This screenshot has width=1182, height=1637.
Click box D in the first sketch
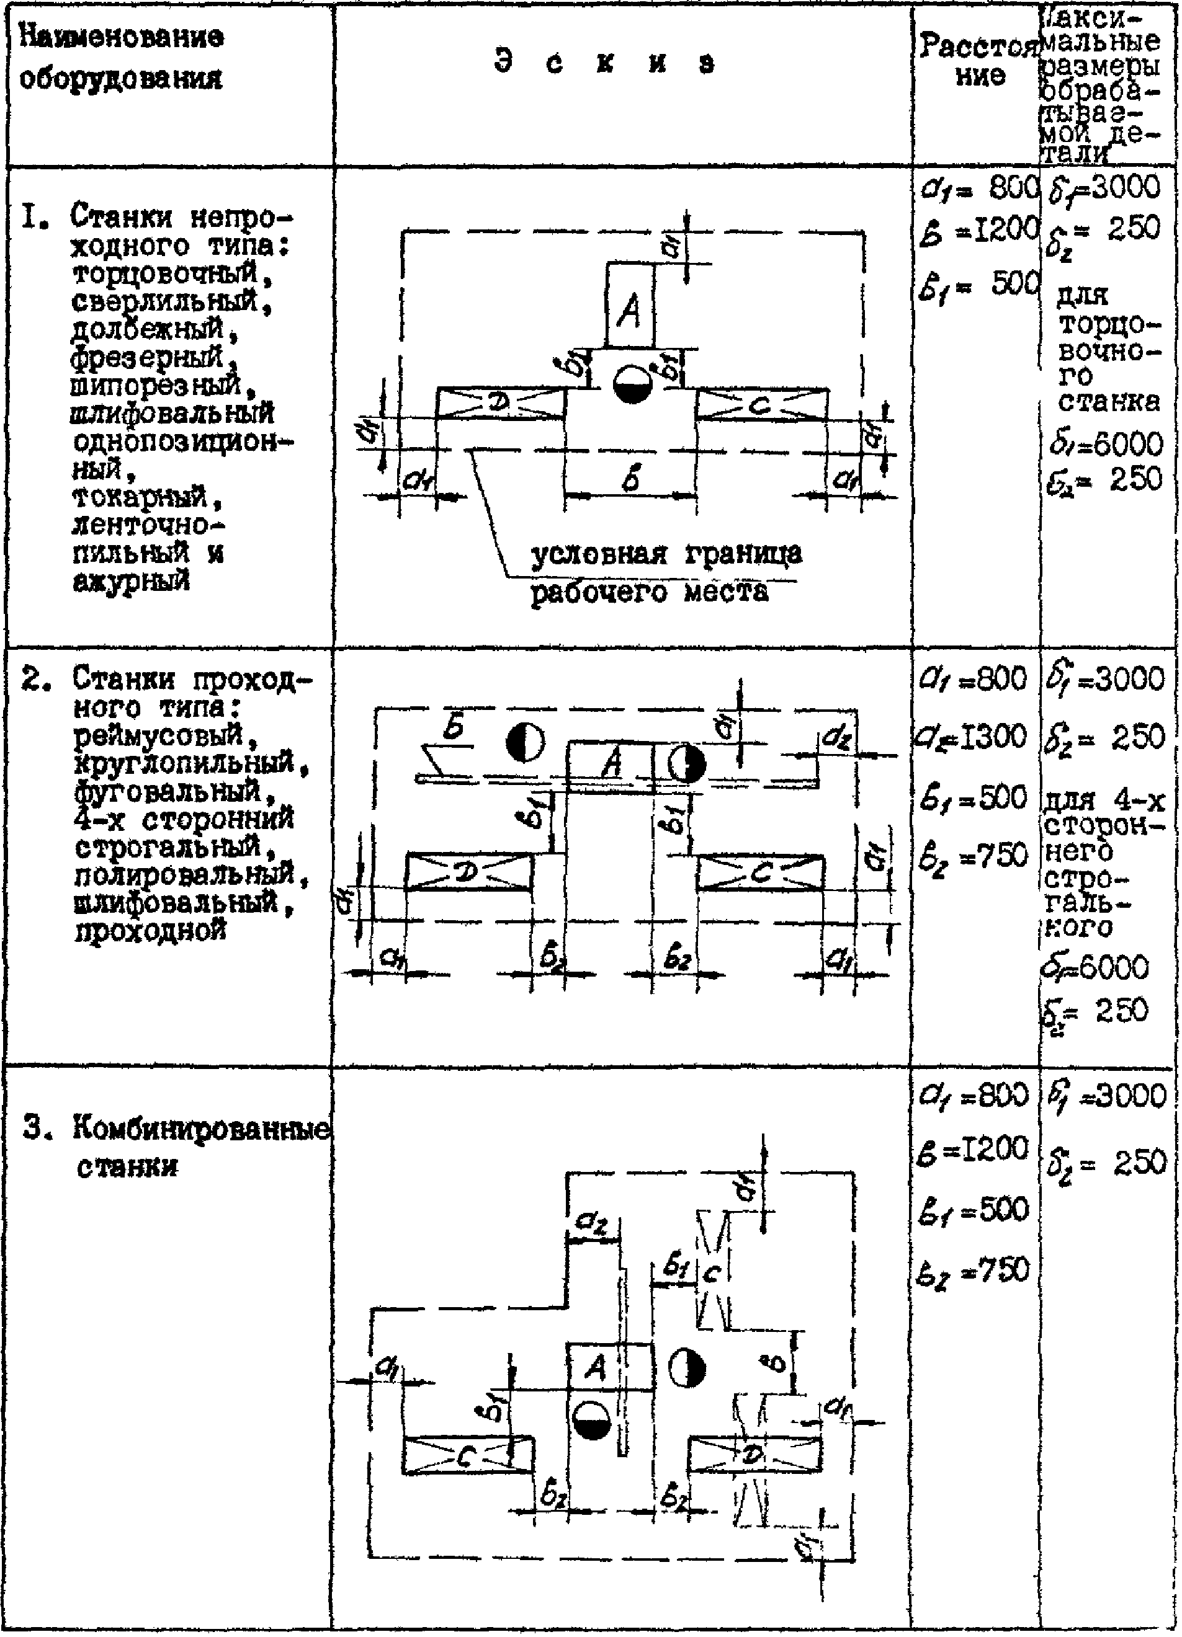pyautogui.click(x=499, y=404)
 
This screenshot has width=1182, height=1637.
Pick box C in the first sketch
pyautogui.click(x=761, y=405)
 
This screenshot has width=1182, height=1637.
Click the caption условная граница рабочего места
pyautogui.click(x=665, y=574)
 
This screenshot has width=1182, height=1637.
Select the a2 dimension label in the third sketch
pyautogui.click(x=592, y=1222)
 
